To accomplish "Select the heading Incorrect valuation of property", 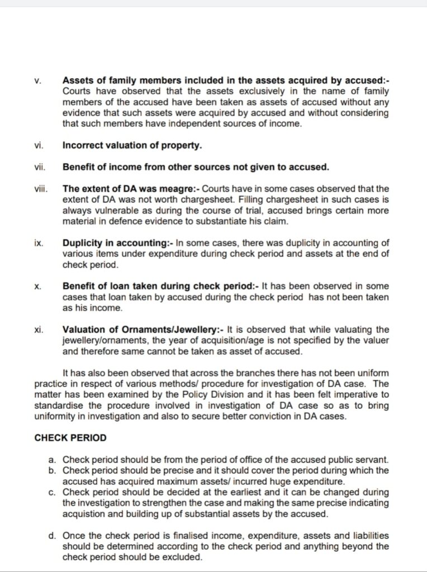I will pyautogui.click(x=132, y=145).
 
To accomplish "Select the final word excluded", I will pyautogui.click(x=182, y=557).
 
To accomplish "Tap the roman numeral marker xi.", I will pyautogui.click(x=39, y=330).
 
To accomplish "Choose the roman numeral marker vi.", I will pyautogui.click(x=39, y=145).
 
